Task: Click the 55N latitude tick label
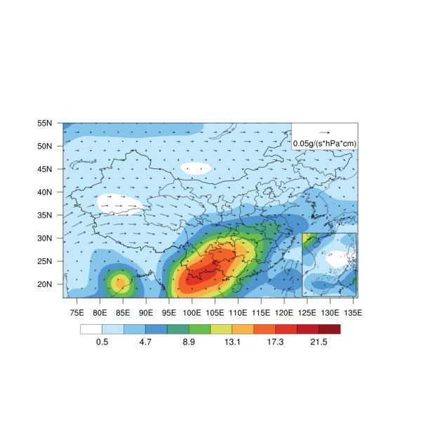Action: (45, 123)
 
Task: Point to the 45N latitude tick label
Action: (45, 169)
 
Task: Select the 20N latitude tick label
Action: (45, 284)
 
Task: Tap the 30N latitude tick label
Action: (45, 238)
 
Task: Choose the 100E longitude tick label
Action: (192, 312)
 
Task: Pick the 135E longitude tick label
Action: (353, 312)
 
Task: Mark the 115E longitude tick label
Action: (261, 312)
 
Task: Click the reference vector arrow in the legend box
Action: (324, 132)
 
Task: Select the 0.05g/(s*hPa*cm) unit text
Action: (325, 144)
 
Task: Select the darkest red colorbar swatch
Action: (329, 328)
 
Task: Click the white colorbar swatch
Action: (91, 328)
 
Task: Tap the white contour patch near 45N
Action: (195, 168)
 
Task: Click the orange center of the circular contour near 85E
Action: (119, 283)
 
